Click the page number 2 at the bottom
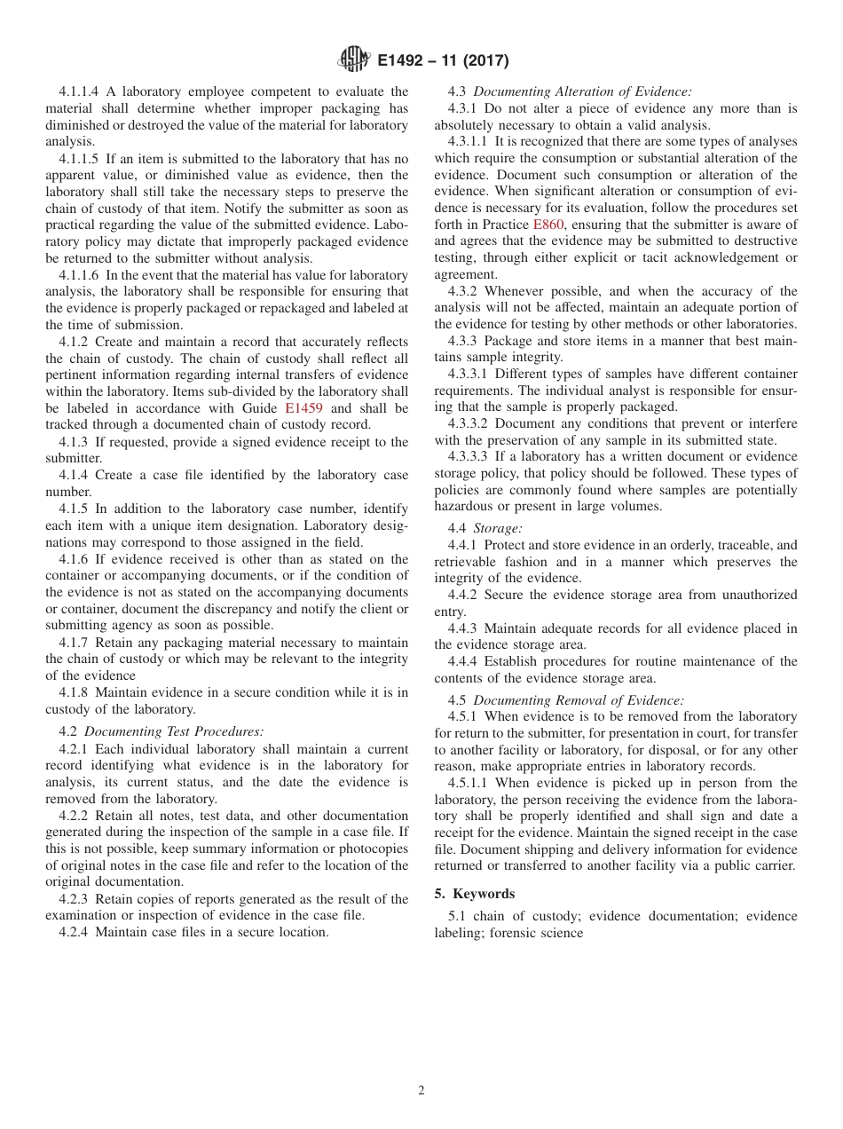point(421,1091)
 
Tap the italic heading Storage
point(498,528)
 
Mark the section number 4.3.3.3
point(471,457)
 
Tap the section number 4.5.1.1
point(471,783)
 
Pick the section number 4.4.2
point(464,595)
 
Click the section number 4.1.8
point(73,692)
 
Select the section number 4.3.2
point(464,291)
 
